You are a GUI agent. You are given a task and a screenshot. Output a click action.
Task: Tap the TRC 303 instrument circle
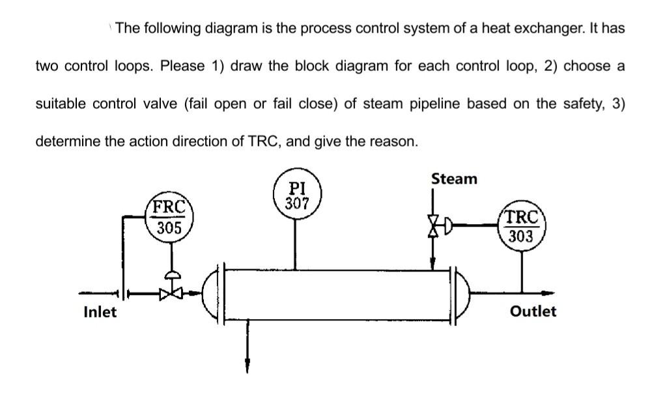click(520, 226)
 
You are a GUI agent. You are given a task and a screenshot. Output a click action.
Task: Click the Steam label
click(454, 178)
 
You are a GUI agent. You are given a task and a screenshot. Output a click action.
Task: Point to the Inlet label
click(100, 312)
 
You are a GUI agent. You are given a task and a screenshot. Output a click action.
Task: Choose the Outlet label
click(534, 311)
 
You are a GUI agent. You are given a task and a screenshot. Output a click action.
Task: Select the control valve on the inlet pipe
click(168, 294)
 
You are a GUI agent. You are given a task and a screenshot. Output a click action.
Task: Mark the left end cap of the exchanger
click(211, 294)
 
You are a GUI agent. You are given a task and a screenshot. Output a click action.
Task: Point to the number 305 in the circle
click(168, 229)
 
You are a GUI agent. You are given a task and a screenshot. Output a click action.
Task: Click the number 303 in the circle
click(520, 236)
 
